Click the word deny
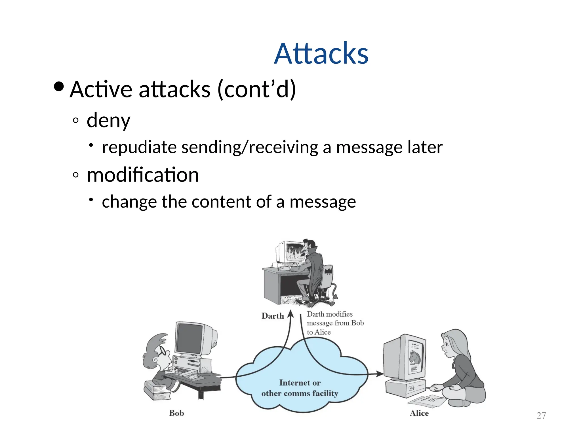tap(108, 120)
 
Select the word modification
tap(143, 175)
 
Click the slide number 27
tap(541, 415)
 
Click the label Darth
tap(273, 316)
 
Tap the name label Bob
tap(176, 413)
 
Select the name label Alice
tap(419, 413)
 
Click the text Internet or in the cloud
tap(300, 383)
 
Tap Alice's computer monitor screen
tap(416, 357)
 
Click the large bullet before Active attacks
tap(59, 87)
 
